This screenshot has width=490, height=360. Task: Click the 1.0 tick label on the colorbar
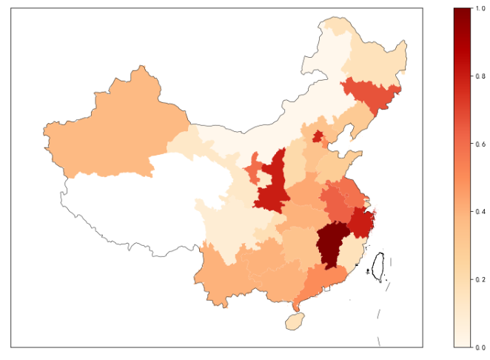click(480, 8)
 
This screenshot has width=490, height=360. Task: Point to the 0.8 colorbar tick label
click(480, 76)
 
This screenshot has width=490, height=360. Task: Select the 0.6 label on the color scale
click(480, 144)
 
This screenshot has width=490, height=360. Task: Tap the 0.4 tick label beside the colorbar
click(480, 212)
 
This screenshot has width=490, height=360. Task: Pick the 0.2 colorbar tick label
click(480, 279)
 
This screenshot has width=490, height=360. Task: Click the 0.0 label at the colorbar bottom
click(480, 347)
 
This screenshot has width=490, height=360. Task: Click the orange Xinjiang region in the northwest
click(111, 133)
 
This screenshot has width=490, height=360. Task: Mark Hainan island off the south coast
click(295, 321)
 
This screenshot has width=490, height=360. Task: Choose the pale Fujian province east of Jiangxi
click(354, 256)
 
